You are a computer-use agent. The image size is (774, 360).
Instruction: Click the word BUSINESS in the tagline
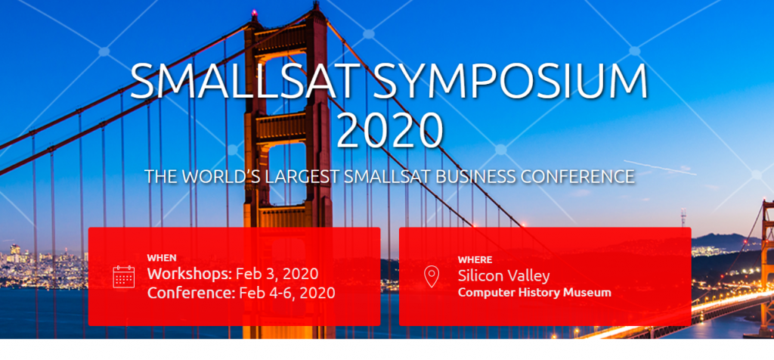click(x=462, y=177)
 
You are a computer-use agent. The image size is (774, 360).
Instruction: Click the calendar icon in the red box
click(x=123, y=277)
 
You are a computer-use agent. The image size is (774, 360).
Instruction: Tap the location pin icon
click(x=432, y=277)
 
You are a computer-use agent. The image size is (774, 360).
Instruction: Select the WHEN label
click(x=162, y=258)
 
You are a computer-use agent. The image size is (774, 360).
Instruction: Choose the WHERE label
click(x=475, y=259)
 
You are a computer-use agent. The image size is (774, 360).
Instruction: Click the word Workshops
click(x=189, y=274)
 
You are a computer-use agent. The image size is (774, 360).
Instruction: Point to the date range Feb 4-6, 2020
click(x=287, y=293)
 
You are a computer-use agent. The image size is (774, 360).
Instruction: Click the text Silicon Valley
click(x=503, y=275)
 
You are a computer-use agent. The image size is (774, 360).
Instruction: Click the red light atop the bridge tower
click(x=255, y=12)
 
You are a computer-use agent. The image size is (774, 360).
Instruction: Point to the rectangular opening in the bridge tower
click(x=286, y=173)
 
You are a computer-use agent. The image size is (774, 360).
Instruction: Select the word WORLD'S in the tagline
click(x=221, y=177)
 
